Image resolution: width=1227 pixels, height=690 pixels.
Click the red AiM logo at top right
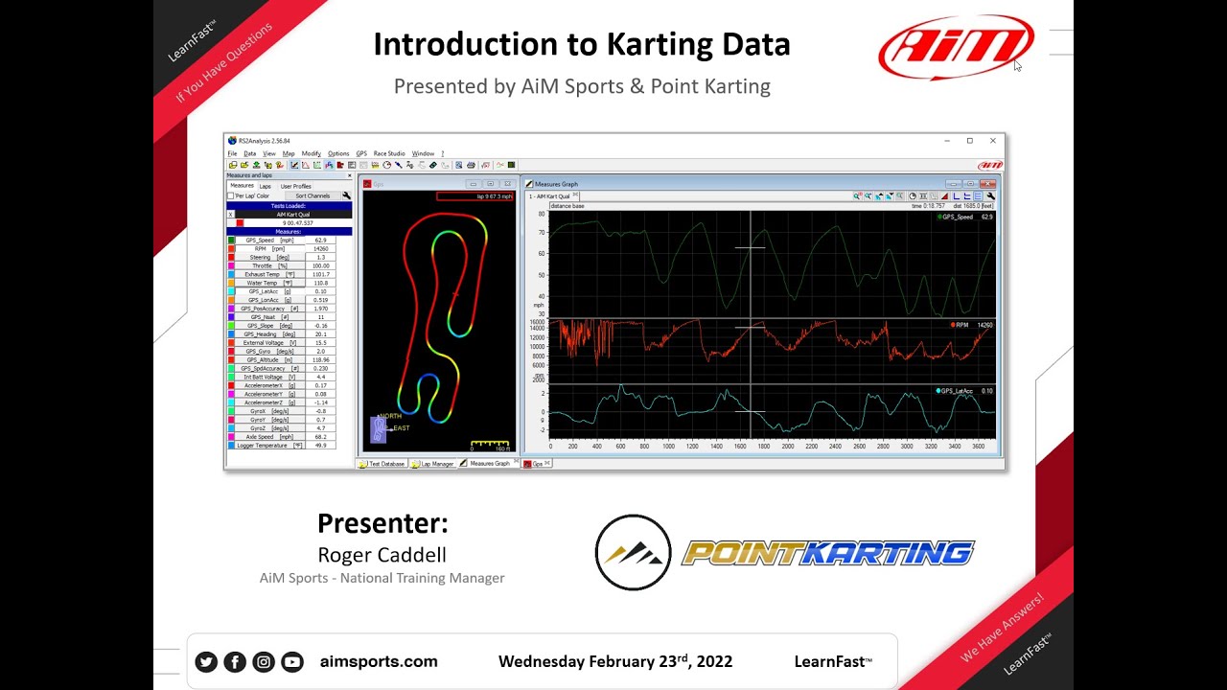click(x=956, y=46)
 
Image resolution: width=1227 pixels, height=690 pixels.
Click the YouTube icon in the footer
click(x=292, y=661)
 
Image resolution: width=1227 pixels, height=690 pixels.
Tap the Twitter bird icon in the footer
click(x=206, y=661)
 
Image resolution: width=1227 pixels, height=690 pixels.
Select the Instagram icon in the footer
click(x=264, y=661)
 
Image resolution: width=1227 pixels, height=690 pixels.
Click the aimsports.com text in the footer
click(x=379, y=661)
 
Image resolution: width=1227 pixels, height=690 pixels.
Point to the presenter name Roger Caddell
click(x=382, y=555)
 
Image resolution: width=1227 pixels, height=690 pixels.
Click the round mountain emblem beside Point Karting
click(x=633, y=553)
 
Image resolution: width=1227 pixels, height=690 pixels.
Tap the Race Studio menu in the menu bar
click(x=389, y=153)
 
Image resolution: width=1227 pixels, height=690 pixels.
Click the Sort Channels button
click(x=313, y=195)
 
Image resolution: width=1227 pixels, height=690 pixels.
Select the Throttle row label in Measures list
click(x=263, y=265)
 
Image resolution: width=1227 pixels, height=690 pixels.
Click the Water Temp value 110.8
click(x=321, y=283)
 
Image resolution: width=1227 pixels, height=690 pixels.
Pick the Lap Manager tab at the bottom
click(x=437, y=464)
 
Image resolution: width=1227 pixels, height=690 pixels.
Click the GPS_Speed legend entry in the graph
click(x=958, y=218)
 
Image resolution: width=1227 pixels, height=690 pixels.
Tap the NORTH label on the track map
click(x=390, y=416)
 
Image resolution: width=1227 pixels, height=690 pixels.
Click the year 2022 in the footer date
click(x=713, y=661)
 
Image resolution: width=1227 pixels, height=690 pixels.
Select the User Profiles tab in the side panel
click(x=295, y=186)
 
